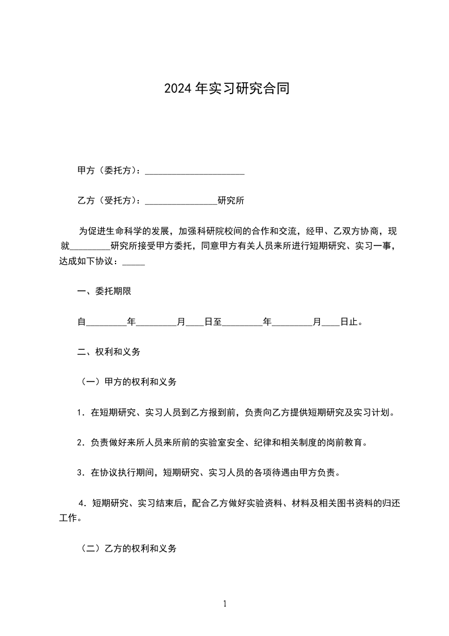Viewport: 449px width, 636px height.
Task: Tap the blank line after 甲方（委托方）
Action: tap(195, 171)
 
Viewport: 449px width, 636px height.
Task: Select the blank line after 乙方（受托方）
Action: tap(181, 201)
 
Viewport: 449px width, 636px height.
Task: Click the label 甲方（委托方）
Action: tap(110, 171)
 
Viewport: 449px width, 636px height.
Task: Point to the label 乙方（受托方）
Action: tap(110, 201)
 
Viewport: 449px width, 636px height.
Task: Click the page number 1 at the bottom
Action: tap(225, 604)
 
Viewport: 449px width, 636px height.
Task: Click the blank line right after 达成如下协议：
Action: tap(134, 262)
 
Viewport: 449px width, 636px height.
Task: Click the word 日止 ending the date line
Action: tap(349, 322)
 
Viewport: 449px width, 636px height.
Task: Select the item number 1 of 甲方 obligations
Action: tap(80, 413)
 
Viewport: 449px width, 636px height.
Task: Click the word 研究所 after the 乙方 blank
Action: tap(231, 201)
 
